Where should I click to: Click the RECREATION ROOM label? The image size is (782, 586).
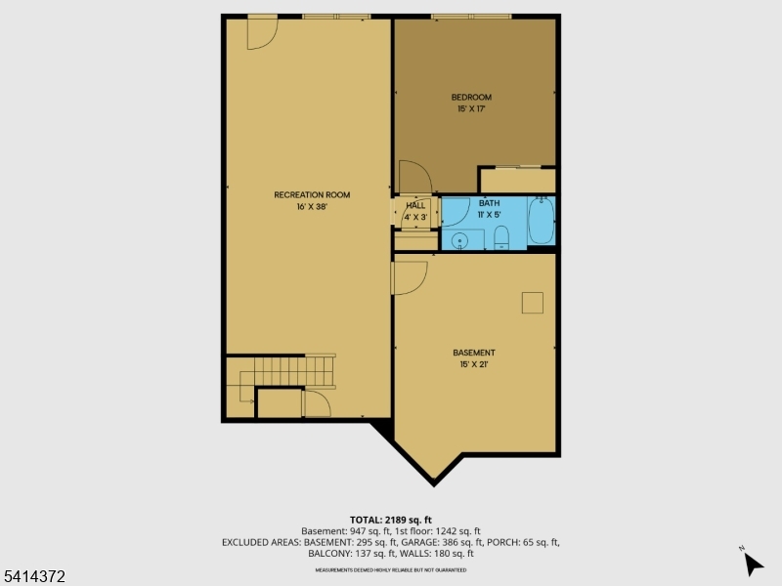(x=311, y=194)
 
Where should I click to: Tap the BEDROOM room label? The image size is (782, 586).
(x=471, y=97)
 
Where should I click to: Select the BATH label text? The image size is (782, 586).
(x=488, y=202)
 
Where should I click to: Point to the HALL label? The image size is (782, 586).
(x=415, y=205)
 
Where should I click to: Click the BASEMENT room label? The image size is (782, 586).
(x=473, y=353)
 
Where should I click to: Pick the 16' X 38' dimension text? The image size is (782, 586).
(x=311, y=207)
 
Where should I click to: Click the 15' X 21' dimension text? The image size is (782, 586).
(x=473, y=364)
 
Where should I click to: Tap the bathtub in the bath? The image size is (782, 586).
(x=541, y=222)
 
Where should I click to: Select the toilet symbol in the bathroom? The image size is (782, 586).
(x=501, y=236)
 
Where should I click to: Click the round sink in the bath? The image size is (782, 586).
(x=460, y=239)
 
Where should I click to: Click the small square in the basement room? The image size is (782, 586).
(x=533, y=303)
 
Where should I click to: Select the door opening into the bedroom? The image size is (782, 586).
(x=413, y=177)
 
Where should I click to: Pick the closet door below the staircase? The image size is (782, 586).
(x=317, y=402)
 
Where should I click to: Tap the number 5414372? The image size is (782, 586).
(x=34, y=577)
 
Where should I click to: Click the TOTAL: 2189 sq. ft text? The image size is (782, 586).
(x=391, y=519)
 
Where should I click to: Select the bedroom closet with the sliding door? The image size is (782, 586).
(x=517, y=180)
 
